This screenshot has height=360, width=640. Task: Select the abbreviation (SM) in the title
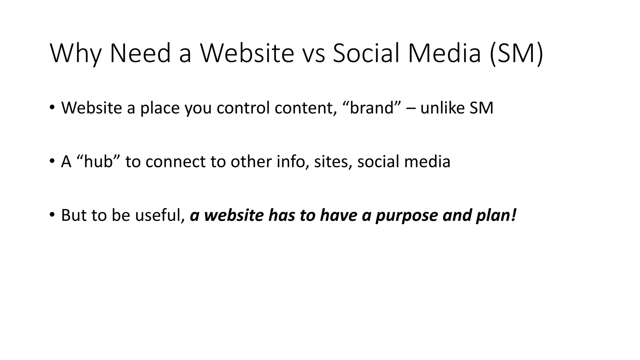click(517, 54)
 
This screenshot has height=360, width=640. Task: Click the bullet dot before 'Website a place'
click(52, 107)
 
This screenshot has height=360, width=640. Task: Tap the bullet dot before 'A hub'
click(52, 161)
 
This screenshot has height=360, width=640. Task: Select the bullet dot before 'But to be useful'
click(52, 215)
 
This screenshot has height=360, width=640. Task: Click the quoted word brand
click(372, 108)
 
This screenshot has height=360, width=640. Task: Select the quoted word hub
click(98, 162)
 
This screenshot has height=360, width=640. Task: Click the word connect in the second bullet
click(175, 162)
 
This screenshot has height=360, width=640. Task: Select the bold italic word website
click(234, 215)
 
